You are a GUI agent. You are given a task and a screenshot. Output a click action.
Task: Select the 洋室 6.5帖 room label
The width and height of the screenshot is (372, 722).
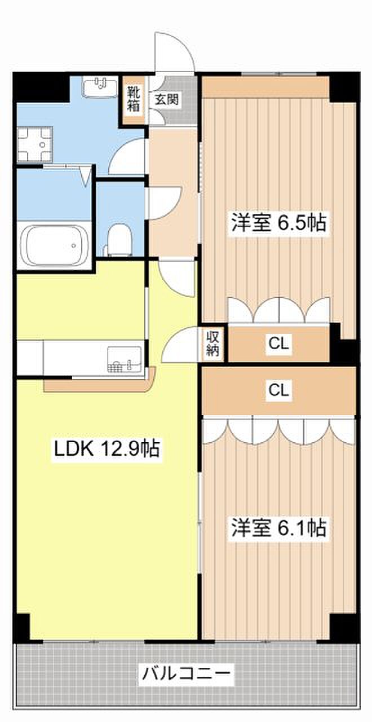click(279, 222)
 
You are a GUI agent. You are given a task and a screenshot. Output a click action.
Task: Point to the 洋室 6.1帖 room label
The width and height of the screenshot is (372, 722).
click(279, 527)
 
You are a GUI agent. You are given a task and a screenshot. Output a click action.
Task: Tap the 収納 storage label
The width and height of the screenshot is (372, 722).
click(212, 344)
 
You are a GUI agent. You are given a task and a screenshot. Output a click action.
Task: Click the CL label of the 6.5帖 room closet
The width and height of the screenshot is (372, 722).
click(278, 344)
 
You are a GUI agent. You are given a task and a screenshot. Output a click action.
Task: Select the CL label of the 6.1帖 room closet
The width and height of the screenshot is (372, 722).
click(278, 390)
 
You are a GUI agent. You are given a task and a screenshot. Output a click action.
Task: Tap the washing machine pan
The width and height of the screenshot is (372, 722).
click(34, 144)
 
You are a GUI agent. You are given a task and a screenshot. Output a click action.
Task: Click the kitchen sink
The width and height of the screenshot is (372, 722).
click(125, 359)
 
